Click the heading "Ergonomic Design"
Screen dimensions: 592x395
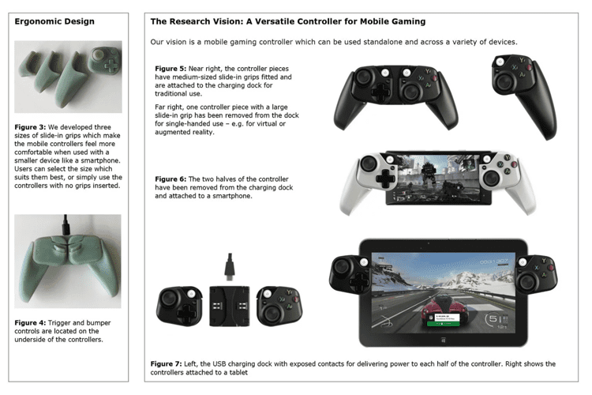point(54,21)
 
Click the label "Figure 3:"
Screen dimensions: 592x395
point(30,127)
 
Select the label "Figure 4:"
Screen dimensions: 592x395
point(30,323)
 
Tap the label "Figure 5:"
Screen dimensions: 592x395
point(170,69)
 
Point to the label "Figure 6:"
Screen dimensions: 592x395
point(170,179)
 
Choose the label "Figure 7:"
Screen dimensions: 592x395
point(166,363)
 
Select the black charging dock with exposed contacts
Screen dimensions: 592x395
point(229,307)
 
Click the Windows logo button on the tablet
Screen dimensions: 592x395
point(444,340)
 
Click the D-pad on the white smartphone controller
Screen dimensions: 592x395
point(384,178)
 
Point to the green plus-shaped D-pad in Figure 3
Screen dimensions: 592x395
point(111,64)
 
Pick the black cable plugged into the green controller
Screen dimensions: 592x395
point(66,225)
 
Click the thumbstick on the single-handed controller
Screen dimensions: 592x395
point(505,81)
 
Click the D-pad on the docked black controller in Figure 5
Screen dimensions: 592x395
point(381,91)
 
